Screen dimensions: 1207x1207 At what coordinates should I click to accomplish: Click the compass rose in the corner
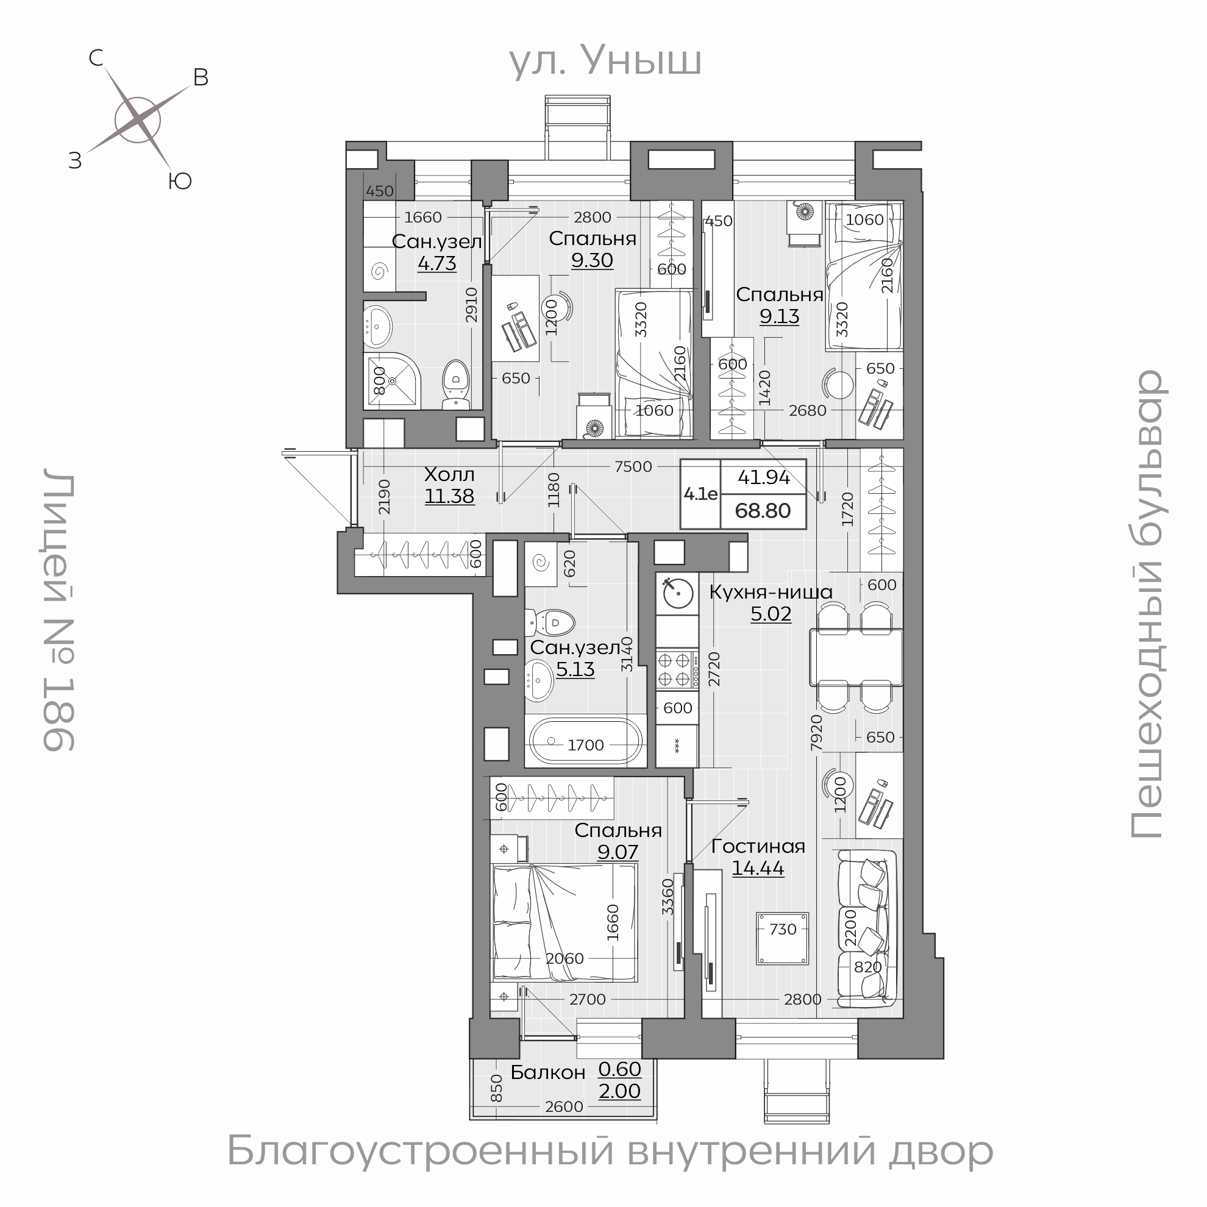point(137,120)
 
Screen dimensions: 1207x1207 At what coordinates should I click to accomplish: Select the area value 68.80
point(763,510)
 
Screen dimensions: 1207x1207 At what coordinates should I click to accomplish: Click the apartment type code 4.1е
point(700,494)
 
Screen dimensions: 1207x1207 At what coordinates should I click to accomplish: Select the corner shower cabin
point(393,382)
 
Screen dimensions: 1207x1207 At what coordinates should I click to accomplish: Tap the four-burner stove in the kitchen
point(677,669)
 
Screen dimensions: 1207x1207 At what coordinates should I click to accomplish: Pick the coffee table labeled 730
point(783,938)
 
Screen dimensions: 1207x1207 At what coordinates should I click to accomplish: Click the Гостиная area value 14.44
point(758,868)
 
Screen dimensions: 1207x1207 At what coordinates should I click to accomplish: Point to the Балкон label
point(548,1072)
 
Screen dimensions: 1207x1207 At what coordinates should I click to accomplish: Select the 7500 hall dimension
point(633,467)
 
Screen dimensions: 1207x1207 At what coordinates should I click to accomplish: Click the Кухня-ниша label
point(771,592)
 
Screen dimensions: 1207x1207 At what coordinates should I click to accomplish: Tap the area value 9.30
point(593,260)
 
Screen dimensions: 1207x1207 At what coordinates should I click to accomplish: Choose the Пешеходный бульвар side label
point(1147,603)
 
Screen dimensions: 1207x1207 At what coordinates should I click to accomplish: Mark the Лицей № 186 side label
point(59,613)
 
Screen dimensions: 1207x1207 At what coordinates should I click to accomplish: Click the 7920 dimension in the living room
point(816,733)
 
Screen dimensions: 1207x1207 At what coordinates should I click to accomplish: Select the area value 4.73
point(436,263)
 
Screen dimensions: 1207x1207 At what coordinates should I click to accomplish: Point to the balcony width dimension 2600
point(563,1106)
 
